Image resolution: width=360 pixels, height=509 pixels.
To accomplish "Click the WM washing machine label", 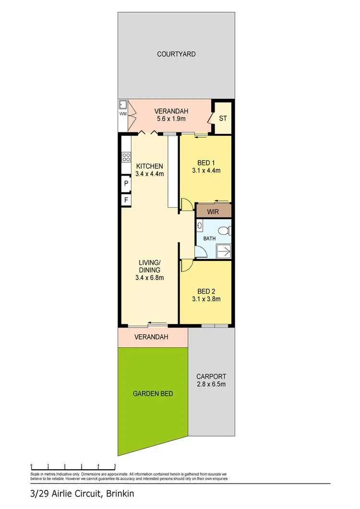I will [x=123, y=114].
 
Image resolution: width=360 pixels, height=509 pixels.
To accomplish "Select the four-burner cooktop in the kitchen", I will [x=127, y=157].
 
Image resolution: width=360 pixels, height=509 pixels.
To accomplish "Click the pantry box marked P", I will [x=126, y=183].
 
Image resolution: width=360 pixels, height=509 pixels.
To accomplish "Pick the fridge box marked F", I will [x=126, y=199].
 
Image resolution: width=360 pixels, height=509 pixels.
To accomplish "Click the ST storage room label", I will [x=223, y=118].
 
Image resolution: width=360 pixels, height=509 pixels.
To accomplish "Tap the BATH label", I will [x=209, y=238].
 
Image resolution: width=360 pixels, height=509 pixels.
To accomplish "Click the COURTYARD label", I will [x=176, y=54].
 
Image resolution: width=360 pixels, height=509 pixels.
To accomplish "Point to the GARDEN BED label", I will [x=153, y=393].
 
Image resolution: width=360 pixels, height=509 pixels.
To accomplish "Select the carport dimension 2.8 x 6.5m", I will [x=212, y=384].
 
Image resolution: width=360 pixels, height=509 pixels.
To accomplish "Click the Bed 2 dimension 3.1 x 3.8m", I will [x=209, y=299].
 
